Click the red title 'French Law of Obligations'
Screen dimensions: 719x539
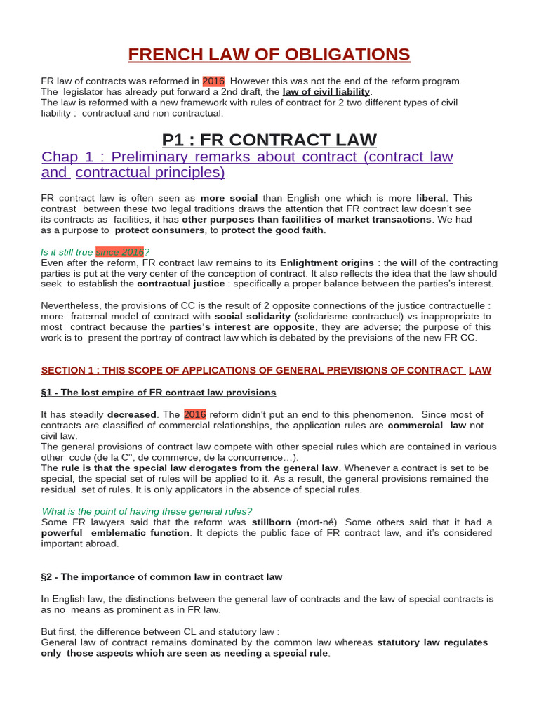coord(269,54)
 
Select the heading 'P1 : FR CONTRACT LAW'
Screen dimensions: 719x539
coord(269,139)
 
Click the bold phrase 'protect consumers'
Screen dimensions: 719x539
coord(160,230)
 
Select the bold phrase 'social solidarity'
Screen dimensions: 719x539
coord(251,316)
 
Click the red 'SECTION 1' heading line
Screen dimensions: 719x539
coord(266,370)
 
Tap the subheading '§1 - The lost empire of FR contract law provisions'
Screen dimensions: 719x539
coord(159,392)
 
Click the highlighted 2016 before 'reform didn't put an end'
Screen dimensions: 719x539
coord(195,414)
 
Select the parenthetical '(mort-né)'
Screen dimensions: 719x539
coord(317,522)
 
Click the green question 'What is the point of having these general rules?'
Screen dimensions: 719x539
coord(147,510)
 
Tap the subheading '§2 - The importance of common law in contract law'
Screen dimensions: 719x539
coord(161,576)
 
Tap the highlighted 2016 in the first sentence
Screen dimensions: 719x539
coord(213,81)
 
